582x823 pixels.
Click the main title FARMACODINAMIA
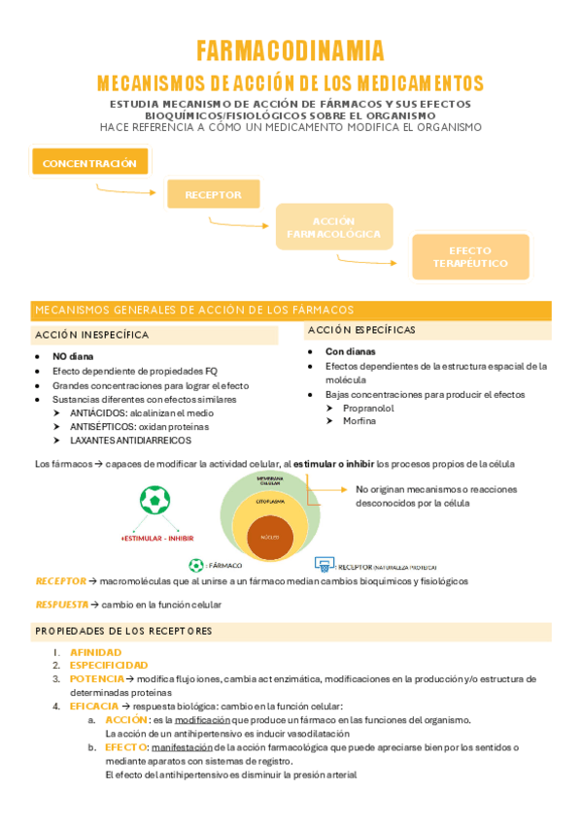[x=291, y=50]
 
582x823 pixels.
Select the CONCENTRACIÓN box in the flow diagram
[x=89, y=163]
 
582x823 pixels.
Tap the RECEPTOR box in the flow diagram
[x=213, y=194]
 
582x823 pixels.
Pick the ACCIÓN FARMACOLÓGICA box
[x=333, y=228]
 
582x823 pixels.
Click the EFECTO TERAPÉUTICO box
[x=470, y=257]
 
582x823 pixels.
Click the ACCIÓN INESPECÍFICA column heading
[x=92, y=334]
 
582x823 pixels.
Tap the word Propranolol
[x=368, y=408]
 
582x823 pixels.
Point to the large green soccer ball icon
[x=154, y=500]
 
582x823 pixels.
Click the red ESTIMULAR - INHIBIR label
[x=157, y=537]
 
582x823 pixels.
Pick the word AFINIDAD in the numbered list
[x=95, y=652]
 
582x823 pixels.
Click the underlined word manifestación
[x=186, y=747]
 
